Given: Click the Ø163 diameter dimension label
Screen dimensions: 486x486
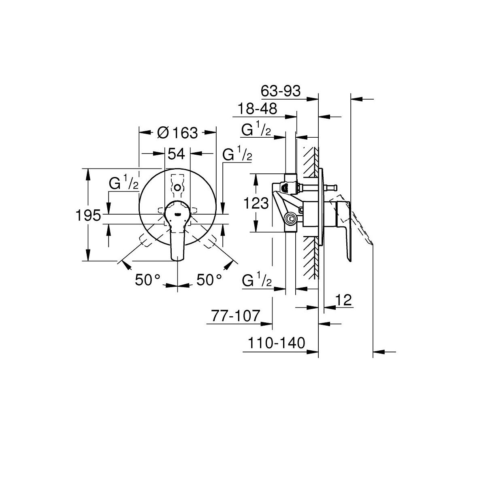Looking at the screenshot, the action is pos(177,133).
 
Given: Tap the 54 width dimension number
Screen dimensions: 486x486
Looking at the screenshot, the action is pos(176,153).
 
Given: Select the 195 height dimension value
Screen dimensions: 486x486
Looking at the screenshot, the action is pos(88,215).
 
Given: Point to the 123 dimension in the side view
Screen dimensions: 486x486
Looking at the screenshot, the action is pos(256,203).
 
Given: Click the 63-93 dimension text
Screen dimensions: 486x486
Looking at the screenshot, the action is pos(281,91).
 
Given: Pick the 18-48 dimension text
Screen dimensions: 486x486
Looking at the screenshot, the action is pos(257,109).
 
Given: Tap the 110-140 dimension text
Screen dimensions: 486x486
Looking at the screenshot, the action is pos(277,343).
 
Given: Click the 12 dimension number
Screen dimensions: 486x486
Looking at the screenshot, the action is pos(343,300).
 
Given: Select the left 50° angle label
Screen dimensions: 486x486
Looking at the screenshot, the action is pos(147,280).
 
